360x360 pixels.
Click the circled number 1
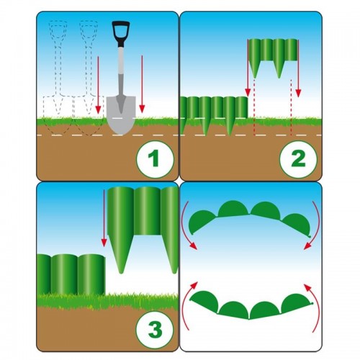click(x=155, y=159)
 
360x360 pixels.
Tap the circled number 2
click(x=298, y=159)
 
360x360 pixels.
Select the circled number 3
click(x=155, y=330)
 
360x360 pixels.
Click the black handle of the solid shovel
click(x=121, y=33)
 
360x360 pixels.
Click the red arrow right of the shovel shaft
click(x=142, y=84)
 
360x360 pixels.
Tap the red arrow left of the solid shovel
click(x=98, y=84)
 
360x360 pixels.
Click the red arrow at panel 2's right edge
click(x=298, y=68)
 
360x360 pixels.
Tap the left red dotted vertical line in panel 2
click(x=255, y=107)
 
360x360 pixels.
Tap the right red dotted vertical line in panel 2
click(x=291, y=107)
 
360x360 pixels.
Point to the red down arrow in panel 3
click(x=104, y=218)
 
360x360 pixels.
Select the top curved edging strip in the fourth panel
click(x=251, y=217)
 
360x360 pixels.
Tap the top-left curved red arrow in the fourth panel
click(x=187, y=225)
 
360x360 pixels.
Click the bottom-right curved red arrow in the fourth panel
click(x=315, y=307)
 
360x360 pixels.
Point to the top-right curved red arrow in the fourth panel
click(x=316, y=225)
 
